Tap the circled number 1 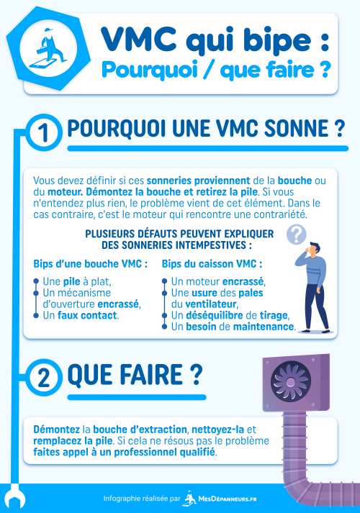[x=44, y=132]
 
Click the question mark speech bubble [x=296, y=234]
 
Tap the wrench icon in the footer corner [x=13, y=498]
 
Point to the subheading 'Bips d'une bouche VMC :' [x=91, y=264]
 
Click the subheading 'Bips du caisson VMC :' [x=212, y=264]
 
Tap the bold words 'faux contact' [x=92, y=315]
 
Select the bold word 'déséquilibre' [x=213, y=315]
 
